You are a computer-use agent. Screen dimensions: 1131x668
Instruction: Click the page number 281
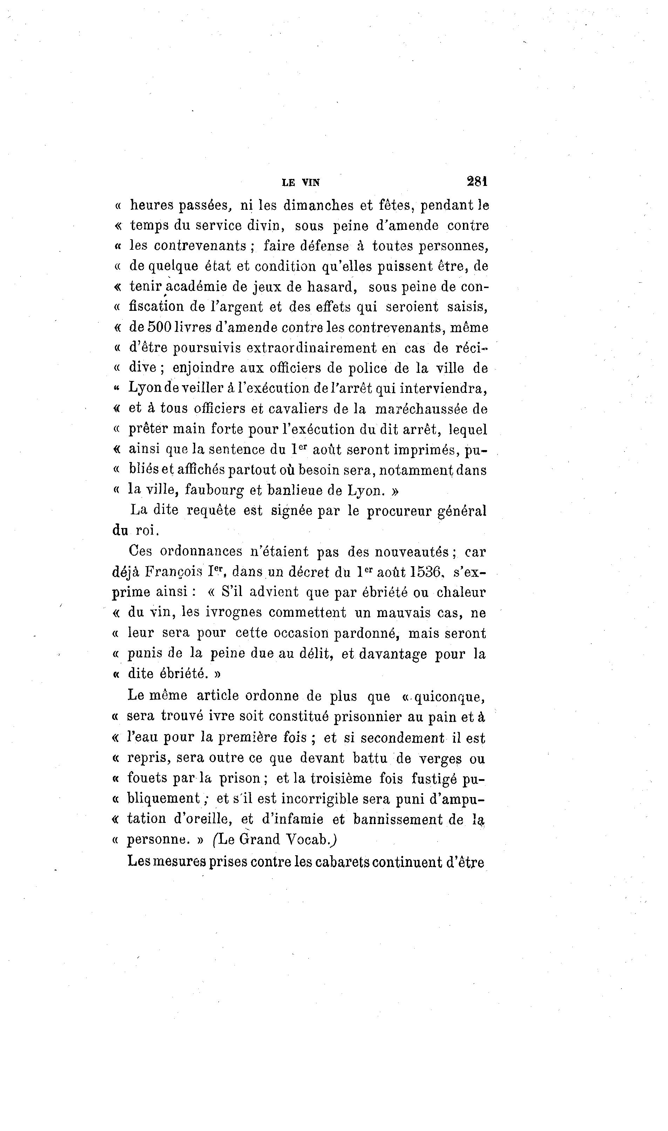coord(477,181)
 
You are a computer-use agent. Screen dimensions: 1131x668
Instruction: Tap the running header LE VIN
coord(301,182)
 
